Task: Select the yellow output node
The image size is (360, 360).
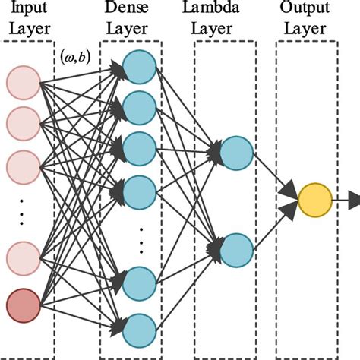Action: pos(314,200)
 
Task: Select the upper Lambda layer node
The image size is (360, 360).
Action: pos(234,152)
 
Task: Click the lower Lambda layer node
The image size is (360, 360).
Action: pos(234,248)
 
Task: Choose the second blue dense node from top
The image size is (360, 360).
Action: pos(139,106)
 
